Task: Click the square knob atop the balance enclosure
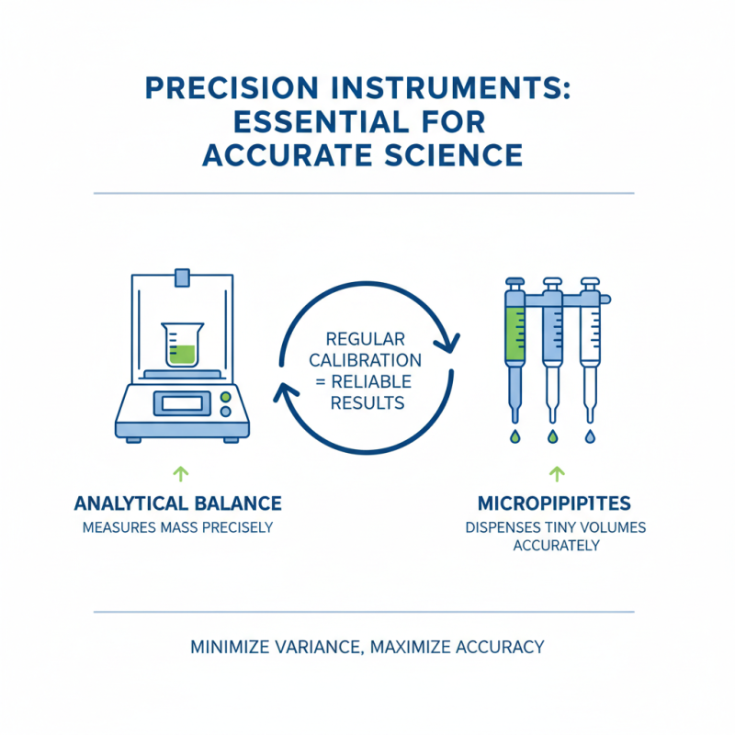coord(183,276)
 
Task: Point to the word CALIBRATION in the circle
coord(366,360)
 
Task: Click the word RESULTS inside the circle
coord(366,402)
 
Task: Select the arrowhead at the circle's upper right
coord(451,344)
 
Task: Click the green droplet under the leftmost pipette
coord(514,435)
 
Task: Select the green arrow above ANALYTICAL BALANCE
coord(181,474)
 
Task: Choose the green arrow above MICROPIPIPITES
coord(555,474)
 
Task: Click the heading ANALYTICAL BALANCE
coord(178,503)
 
